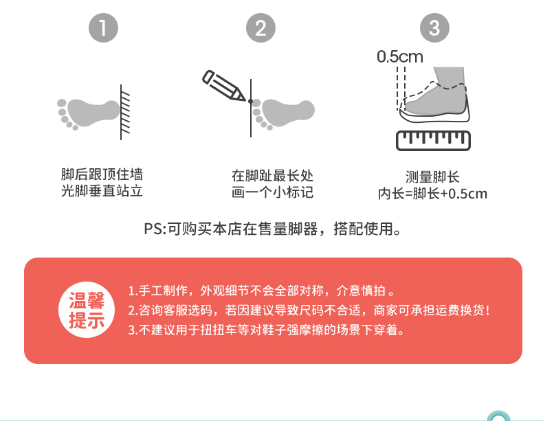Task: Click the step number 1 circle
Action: click(x=103, y=27)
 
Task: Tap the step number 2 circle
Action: click(x=261, y=27)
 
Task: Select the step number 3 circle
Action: click(x=434, y=27)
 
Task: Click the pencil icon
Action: click(x=223, y=86)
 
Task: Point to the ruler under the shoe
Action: click(x=433, y=141)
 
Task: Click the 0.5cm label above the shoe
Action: click(x=400, y=57)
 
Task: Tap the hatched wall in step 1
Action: click(x=125, y=112)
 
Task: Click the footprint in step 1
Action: click(x=88, y=113)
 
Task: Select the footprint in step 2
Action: click(x=283, y=113)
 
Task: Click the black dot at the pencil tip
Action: click(x=250, y=101)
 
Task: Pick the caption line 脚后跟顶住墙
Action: click(x=102, y=174)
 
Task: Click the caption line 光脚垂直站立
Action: click(x=102, y=191)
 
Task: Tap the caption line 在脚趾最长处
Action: click(x=273, y=176)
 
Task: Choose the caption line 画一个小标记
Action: click(x=273, y=192)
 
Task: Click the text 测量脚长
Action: click(x=432, y=177)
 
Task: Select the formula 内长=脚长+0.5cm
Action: click(x=432, y=194)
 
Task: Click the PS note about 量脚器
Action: click(x=273, y=229)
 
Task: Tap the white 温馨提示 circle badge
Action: click(x=87, y=310)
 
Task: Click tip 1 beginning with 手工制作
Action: click(x=262, y=291)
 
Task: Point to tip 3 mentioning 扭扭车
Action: click(x=267, y=330)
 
